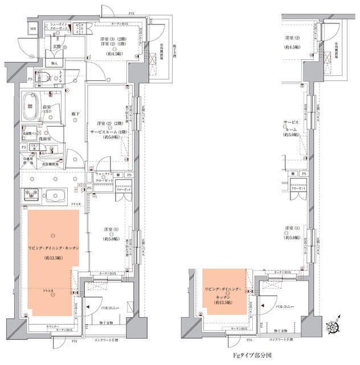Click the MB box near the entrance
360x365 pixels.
pyautogui.click(x=33, y=28)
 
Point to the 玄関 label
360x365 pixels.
pyautogui.click(x=58, y=45)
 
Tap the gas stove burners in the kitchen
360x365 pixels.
pyautogui.click(x=31, y=194)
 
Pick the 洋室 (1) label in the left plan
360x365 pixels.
pyautogui.click(x=111, y=229)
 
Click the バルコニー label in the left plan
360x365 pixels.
pyautogui.click(x=108, y=308)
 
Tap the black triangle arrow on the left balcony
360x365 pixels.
pyautogui.click(x=87, y=307)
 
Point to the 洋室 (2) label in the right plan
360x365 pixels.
pyautogui.click(x=293, y=38)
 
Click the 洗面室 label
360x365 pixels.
pyautogui.click(x=50, y=139)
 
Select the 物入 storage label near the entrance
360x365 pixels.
pyautogui.click(x=55, y=63)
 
